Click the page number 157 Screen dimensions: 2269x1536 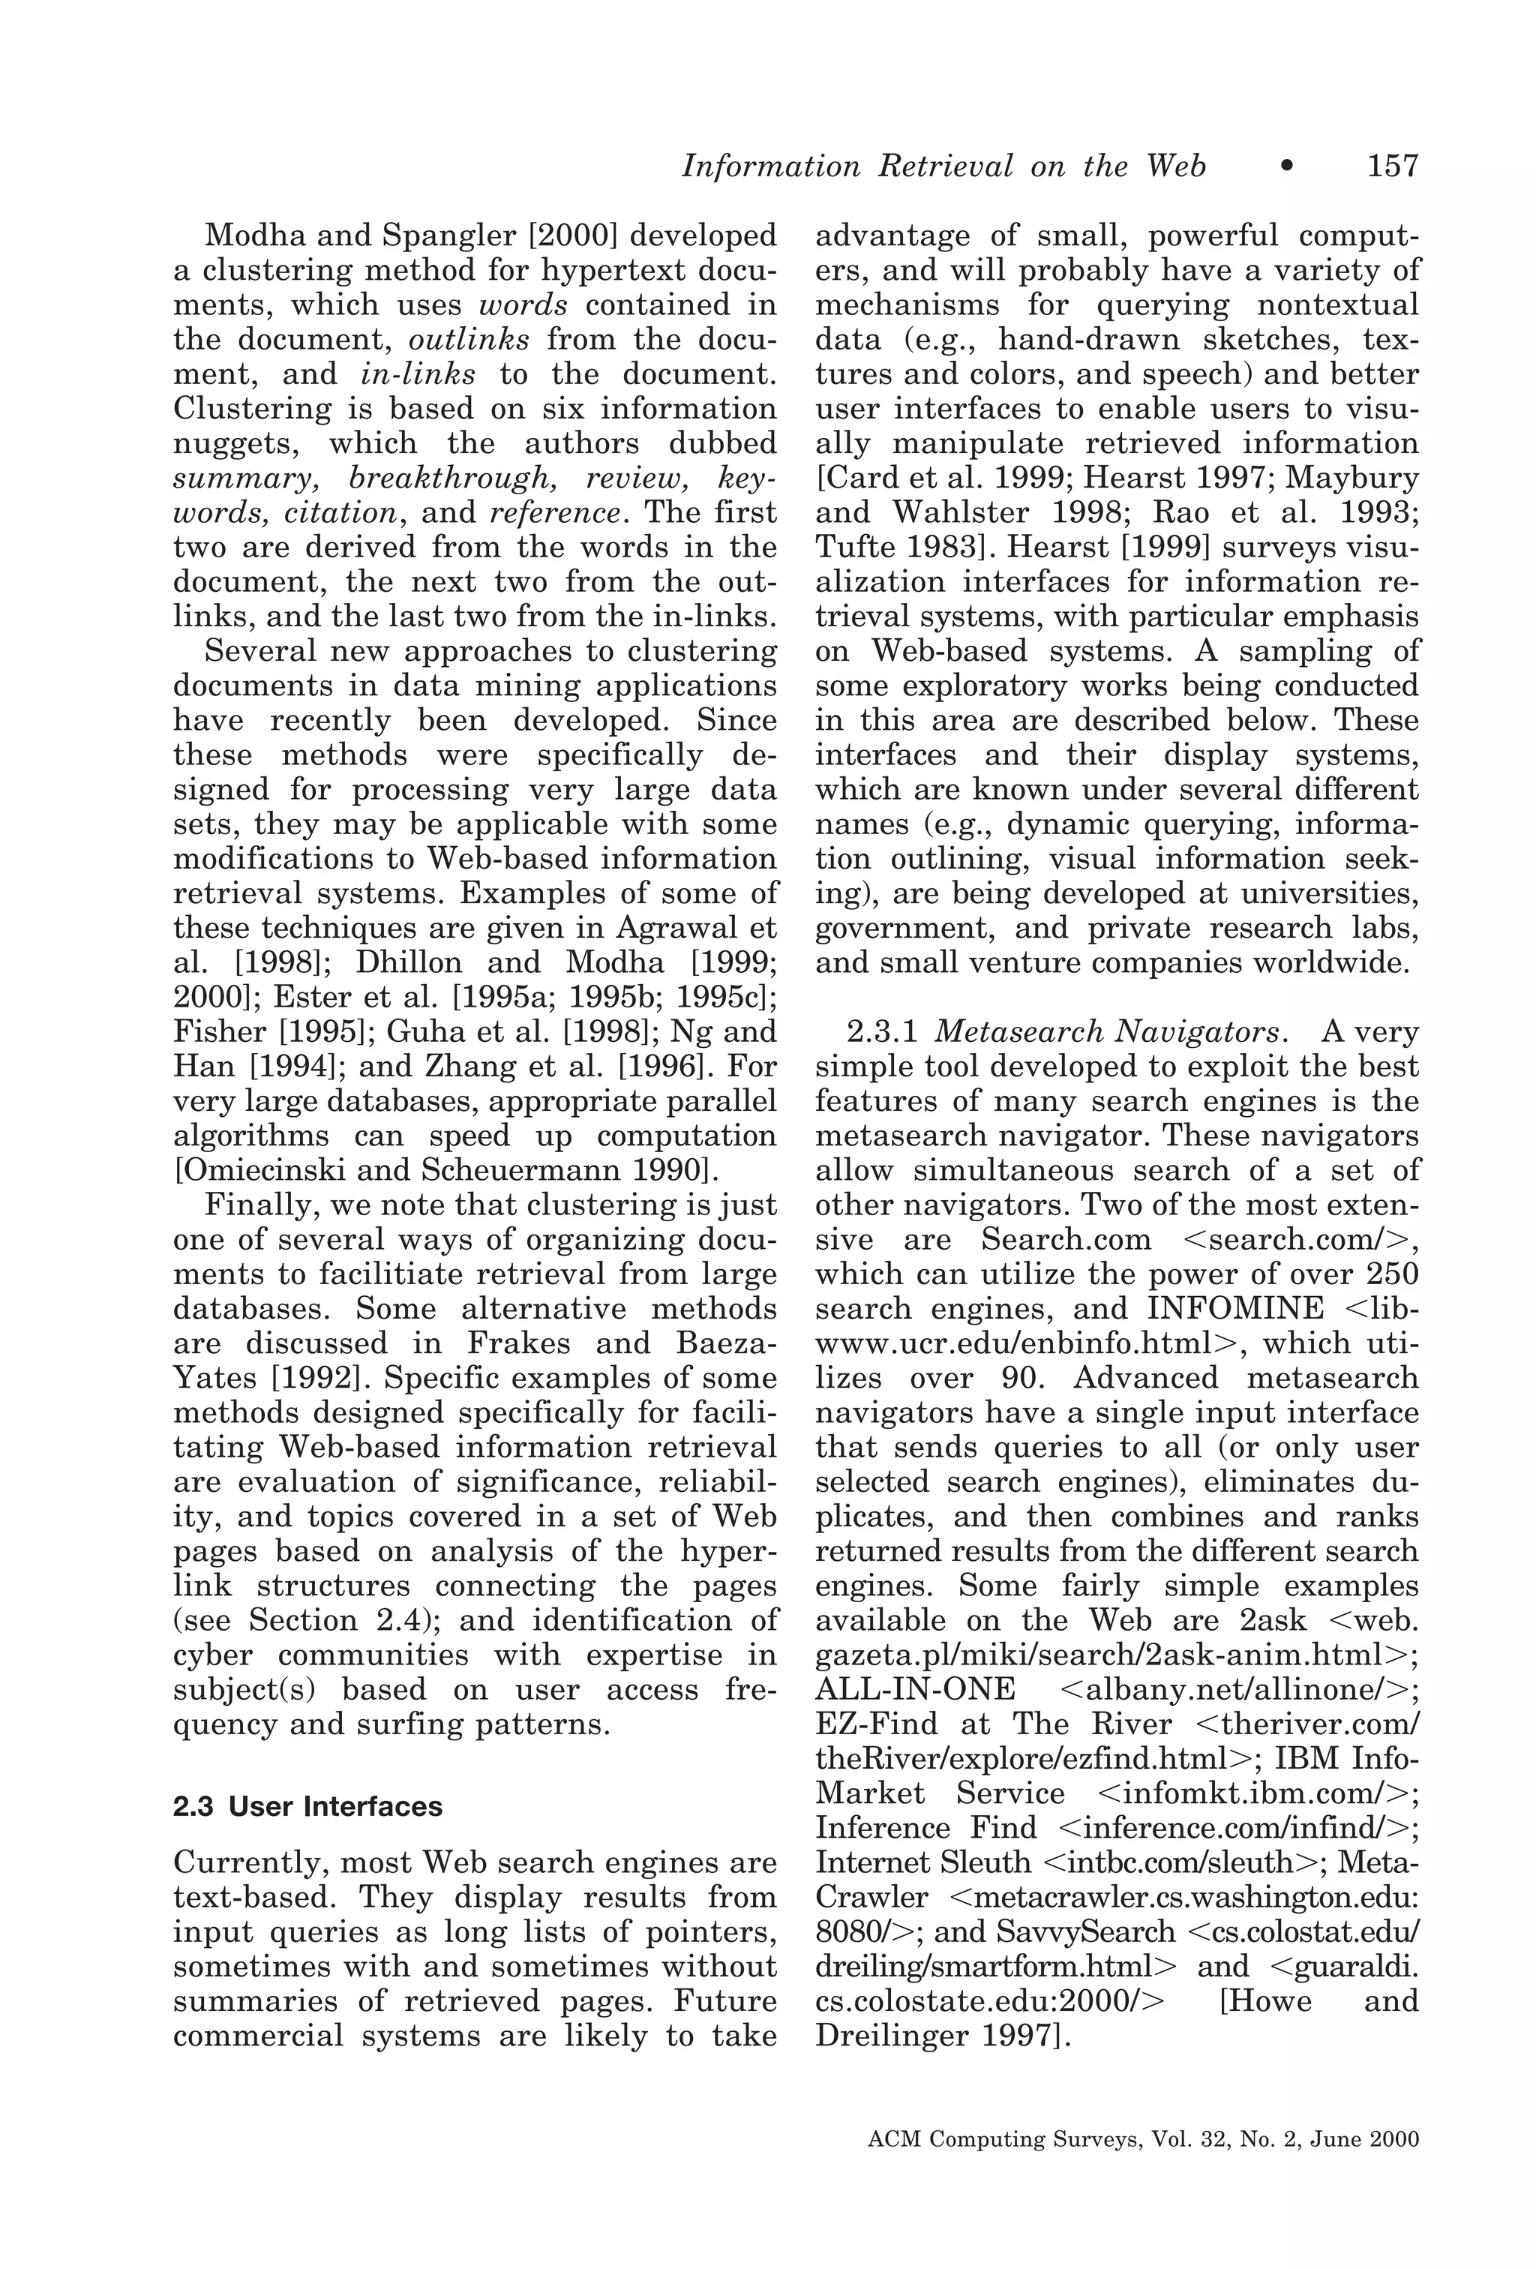click(1391, 166)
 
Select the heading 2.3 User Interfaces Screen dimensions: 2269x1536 click(307, 1806)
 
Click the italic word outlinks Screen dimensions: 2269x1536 click(469, 340)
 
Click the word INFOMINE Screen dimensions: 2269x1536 click(1235, 1308)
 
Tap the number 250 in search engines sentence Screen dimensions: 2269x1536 click(1390, 1274)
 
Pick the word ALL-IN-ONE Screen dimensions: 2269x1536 click(915, 1689)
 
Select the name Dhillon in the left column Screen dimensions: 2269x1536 click(408, 962)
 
